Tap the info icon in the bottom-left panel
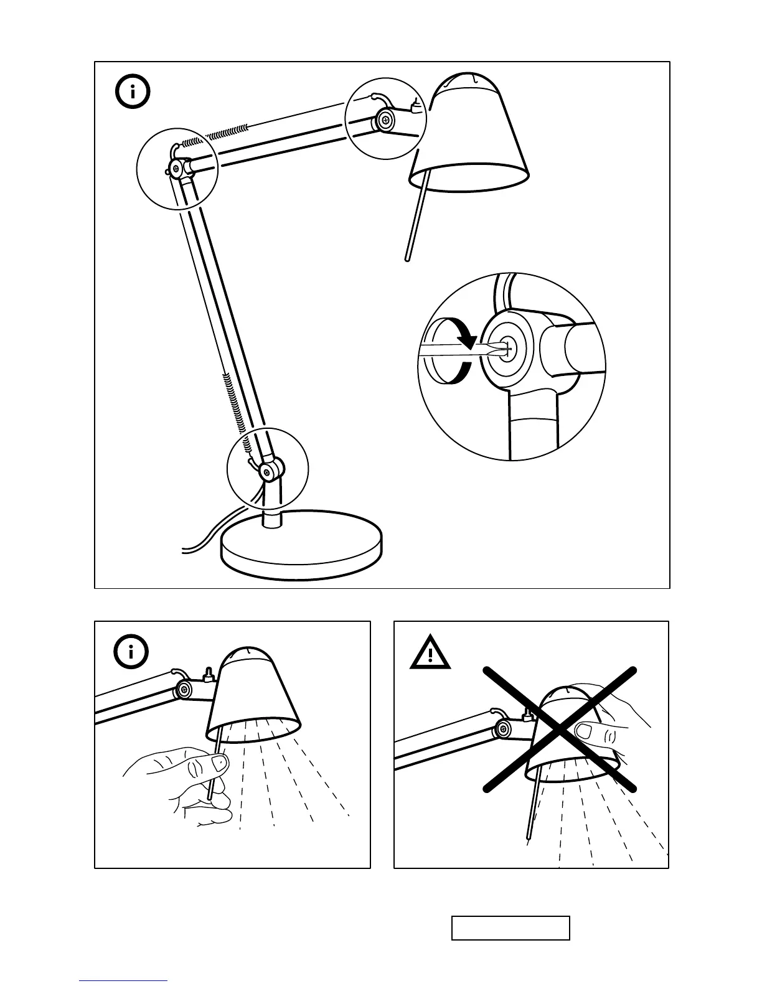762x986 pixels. (131, 652)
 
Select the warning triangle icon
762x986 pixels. (430, 653)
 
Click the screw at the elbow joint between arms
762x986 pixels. (177, 167)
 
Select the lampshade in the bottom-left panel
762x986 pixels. (254, 697)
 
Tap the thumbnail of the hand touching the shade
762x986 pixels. (585, 730)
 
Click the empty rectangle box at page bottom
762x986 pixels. (510, 927)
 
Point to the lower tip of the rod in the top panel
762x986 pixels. (408, 256)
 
